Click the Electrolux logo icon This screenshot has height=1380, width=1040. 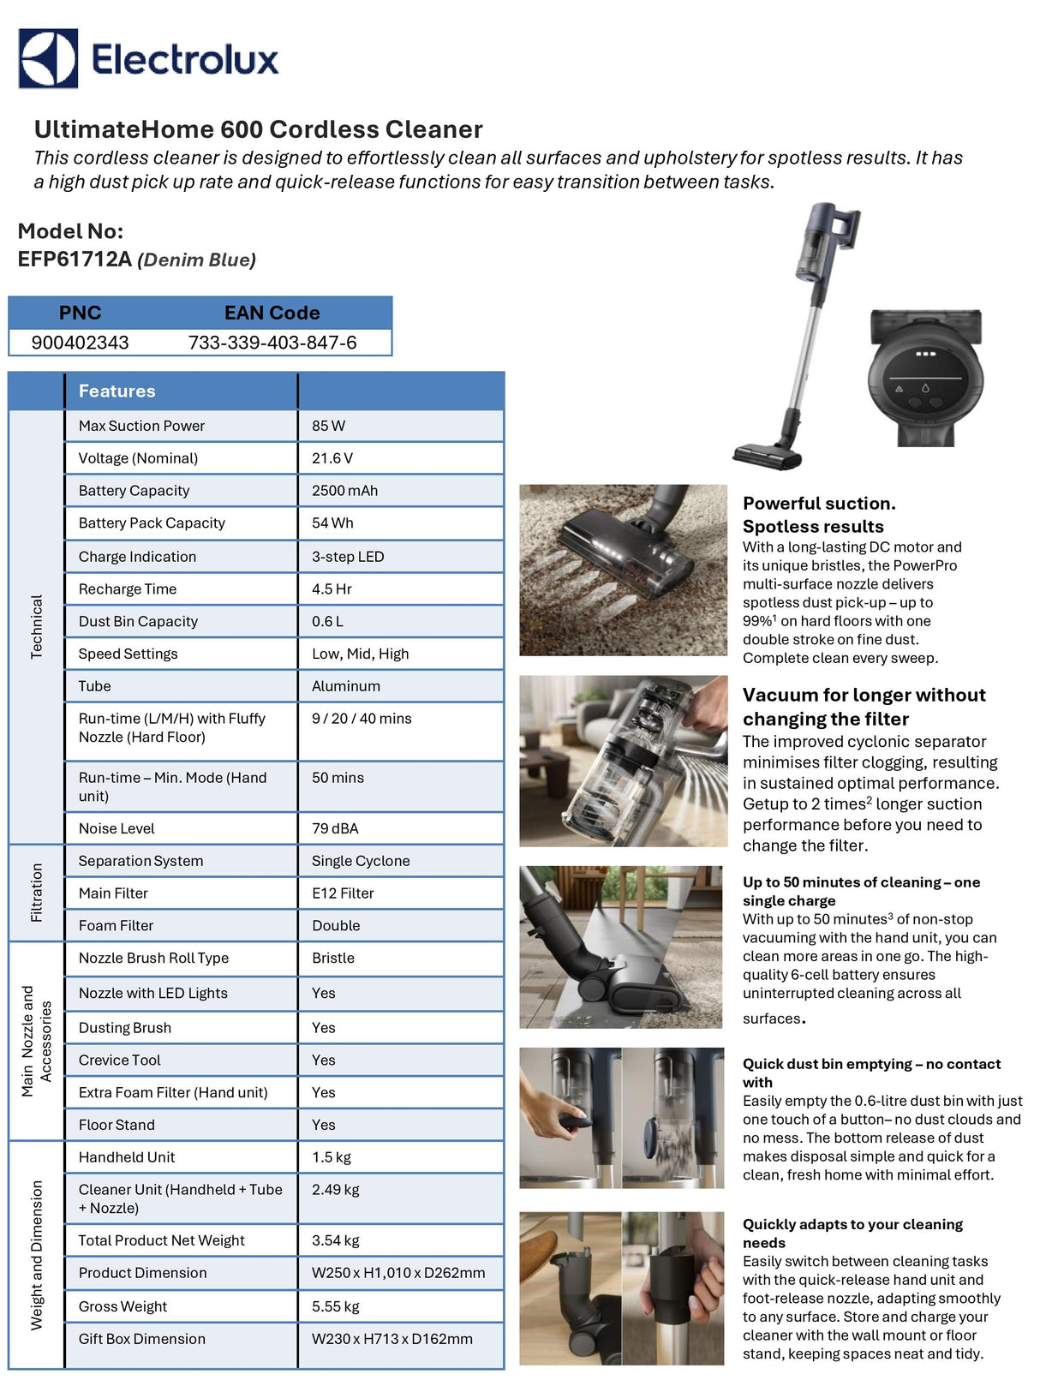[x=49, y=58]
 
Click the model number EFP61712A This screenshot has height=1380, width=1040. [x=75, y=260]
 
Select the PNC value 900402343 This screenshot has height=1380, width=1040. [x=80, y=343]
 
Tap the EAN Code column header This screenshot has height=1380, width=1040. [x=272, y=313]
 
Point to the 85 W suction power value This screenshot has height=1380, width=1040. [x=328, y=426]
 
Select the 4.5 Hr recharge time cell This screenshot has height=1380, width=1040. [x=332, y=589]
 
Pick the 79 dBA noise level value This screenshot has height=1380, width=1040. [x=335, y=828]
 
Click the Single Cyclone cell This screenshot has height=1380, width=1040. [x=361, y=861]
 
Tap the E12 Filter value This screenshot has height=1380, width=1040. [x=343, y=893]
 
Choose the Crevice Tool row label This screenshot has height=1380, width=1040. [x=119, y=1060]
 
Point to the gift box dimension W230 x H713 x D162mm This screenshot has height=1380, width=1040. [x=391, y=1339]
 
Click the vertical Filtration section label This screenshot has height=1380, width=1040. [x=36, y=893]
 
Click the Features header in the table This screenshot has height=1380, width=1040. [x=117, y=391]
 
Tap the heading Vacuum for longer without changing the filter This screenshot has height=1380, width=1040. [x=864, y=707]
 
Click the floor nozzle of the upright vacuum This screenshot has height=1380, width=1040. [x=767, y=456]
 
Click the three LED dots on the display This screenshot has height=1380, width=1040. [x=925, y=354]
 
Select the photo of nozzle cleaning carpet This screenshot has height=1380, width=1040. [x=623, y=571]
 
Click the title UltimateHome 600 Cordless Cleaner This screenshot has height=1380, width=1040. [x=258, y=129]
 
